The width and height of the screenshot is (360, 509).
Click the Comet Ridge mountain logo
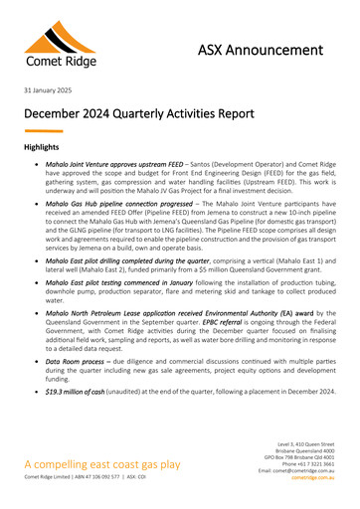[x=60, y=41]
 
